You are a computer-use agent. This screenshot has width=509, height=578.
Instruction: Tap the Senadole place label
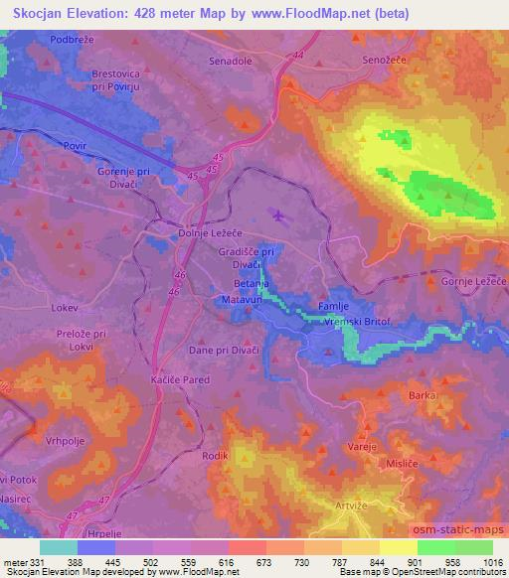pyautogui.click(x=231, y=61)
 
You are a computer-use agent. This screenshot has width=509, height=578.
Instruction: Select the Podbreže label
pyautogui.click(x=73, y=38)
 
